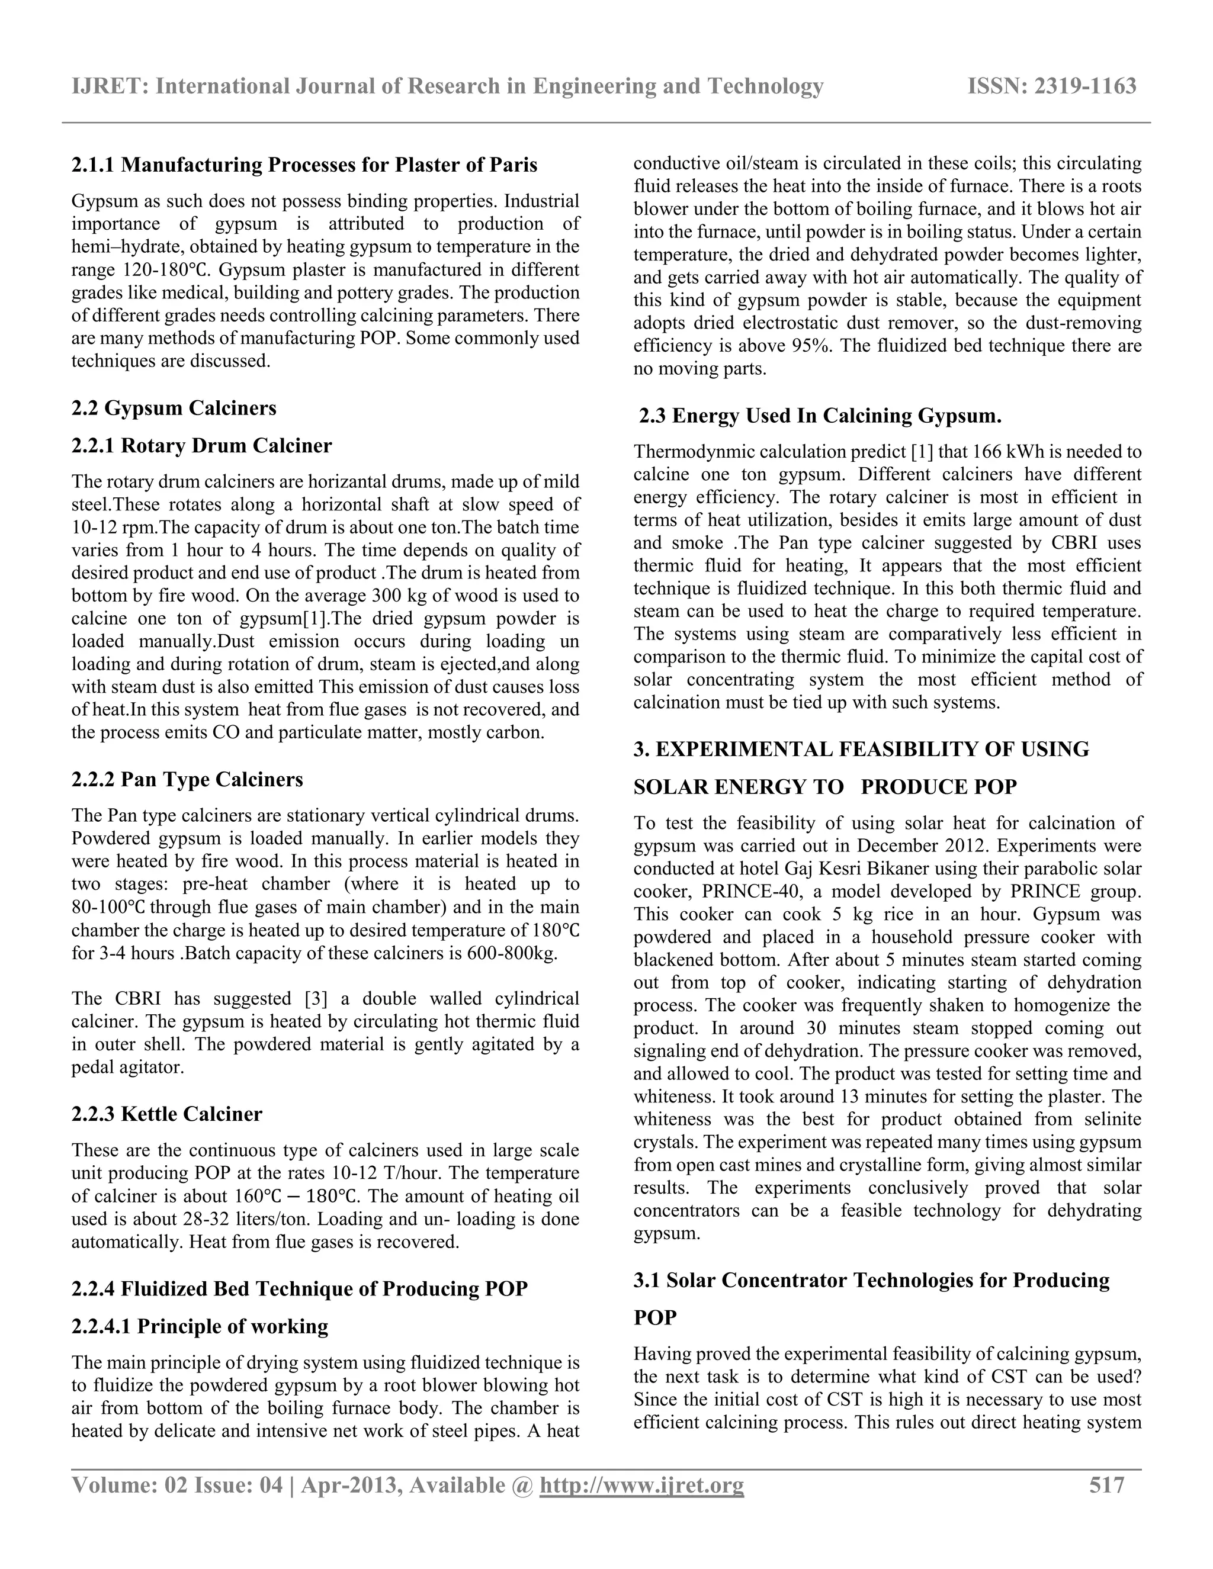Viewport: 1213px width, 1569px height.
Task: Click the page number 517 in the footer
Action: pos(1106,1485)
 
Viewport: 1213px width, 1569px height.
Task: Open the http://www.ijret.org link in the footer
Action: pos(641,1485)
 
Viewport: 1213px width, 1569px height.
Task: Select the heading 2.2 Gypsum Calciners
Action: pos(174,408)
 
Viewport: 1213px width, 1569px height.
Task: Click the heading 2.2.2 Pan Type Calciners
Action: pos(187,780)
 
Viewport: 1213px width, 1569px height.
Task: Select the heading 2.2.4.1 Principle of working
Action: pos(200,1326)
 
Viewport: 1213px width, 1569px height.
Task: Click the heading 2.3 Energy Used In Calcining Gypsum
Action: pos(821,416)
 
